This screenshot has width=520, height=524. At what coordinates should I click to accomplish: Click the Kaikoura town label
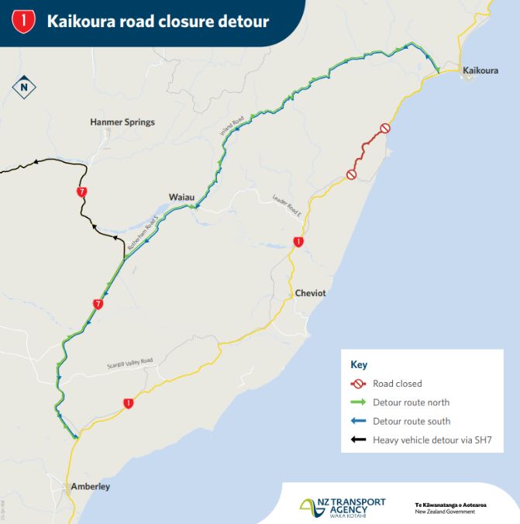coord(480,71)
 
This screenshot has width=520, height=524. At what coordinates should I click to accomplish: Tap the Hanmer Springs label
coord(122,122)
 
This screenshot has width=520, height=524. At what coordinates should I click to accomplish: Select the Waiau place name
coord(182,197)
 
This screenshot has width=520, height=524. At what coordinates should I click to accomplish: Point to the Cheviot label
coord(312,293)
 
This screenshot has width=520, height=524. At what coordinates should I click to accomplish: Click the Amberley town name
coord(91,487)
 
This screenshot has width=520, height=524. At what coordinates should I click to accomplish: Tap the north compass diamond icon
coord(24,87)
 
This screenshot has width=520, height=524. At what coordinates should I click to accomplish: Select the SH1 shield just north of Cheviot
coord(298,243)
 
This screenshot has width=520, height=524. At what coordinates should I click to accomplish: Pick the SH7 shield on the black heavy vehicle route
coord(81,191)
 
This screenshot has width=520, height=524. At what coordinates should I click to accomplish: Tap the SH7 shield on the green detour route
coord(98,305)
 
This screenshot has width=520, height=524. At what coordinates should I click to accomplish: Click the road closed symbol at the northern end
coord(384,128)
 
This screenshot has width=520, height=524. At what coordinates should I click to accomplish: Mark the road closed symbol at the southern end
coord(351,175)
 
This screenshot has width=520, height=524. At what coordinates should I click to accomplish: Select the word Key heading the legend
coord(359,364)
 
